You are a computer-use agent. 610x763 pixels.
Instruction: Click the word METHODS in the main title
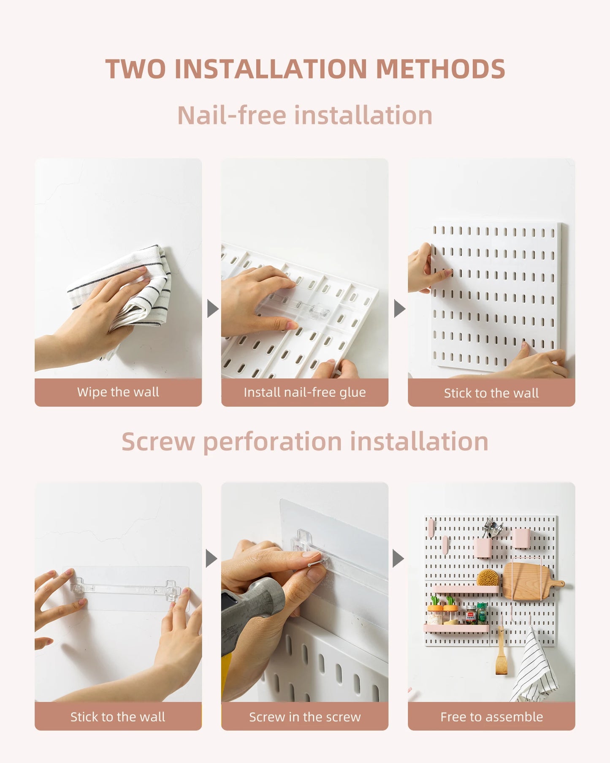coord(440,69)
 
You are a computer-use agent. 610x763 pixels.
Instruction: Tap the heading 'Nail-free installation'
coord(305,115)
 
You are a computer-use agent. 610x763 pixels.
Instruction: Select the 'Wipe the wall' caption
coord(118,392)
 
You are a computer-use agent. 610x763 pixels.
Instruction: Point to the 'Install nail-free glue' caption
coord(305,392)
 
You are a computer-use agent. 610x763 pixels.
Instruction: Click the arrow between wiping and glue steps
coord(213,309)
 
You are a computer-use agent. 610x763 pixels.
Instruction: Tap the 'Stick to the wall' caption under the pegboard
coord(491,393)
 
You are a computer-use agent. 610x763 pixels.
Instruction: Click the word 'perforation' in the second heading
coord(272,442)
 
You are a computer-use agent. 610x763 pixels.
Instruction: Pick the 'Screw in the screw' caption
coord(305,717)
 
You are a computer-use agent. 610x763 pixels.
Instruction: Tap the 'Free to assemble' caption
coord(491,717)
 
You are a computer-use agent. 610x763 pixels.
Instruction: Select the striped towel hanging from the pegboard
coord(534,668)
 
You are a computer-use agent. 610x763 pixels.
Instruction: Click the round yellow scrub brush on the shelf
coord(488,578)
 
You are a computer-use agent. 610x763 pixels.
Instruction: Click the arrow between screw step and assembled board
coord(398,559)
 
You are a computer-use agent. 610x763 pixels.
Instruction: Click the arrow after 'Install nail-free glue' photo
coord(399,309)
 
